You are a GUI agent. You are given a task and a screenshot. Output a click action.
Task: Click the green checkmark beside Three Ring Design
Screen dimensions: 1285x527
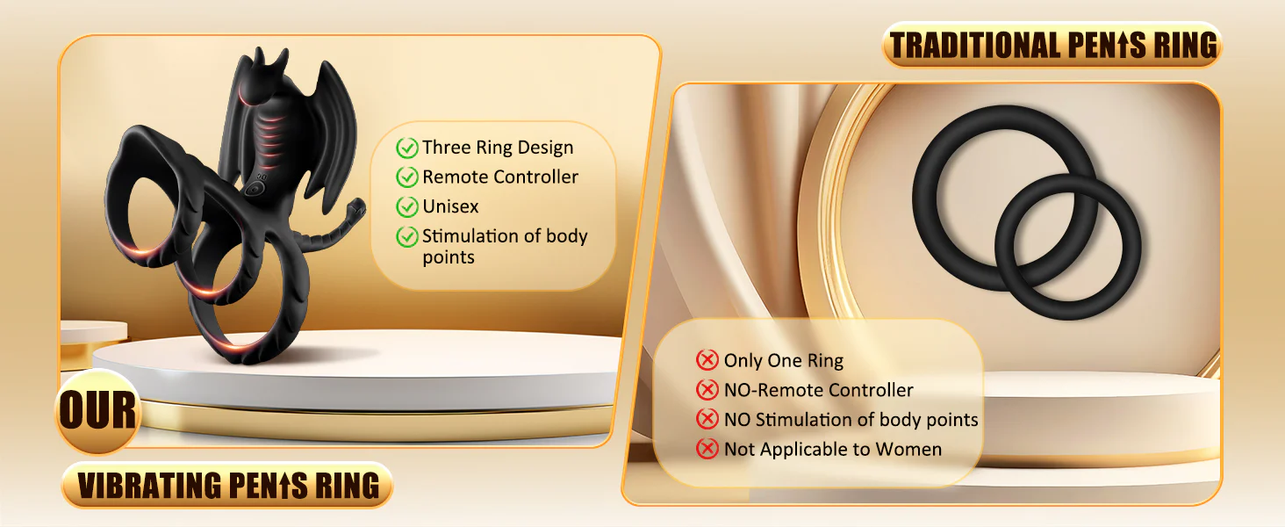[x=406, y=148]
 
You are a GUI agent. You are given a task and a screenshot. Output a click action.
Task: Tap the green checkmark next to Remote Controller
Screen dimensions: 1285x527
[x=406, y=177]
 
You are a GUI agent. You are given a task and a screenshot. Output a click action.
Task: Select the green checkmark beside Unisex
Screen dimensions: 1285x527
[x=406, y=206]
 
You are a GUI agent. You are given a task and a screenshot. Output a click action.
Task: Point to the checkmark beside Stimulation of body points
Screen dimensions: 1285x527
[x=406, y=236]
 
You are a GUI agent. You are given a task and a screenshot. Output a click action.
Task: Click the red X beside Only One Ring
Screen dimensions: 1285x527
[x=707, y=360]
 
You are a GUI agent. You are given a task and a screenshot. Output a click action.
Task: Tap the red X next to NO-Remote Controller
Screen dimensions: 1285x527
[x=707, y=390]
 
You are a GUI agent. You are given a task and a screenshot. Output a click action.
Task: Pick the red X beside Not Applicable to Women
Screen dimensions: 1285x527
[x=707, y=448]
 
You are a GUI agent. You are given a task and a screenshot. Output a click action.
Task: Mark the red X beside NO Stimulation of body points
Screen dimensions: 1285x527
[x=707, y=419]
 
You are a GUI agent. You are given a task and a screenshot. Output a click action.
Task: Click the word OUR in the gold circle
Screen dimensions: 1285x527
[x=98, y=410]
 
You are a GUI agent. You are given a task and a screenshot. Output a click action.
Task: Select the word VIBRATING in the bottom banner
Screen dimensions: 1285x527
[x=149, y=486]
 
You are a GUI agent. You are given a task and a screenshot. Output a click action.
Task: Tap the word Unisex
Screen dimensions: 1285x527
[x=450, y=206]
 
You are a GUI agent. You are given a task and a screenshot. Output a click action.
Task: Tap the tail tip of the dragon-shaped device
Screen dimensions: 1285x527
[x=359, y=205]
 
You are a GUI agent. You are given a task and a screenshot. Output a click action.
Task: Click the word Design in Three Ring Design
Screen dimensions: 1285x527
[x=546, y=148]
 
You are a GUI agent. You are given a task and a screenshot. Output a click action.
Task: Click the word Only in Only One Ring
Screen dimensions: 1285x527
[x=743, y=360]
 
